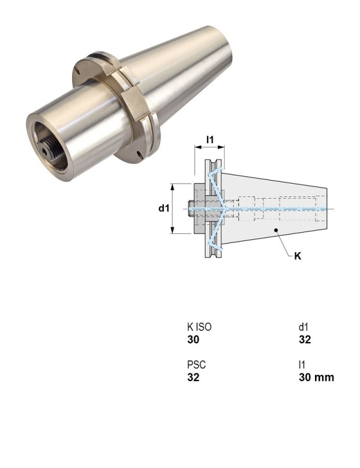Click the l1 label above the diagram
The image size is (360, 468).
209,140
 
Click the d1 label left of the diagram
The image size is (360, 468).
163,208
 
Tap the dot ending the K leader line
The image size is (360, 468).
275,230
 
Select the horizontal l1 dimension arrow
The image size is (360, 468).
209,149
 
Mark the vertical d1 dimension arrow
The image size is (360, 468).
173,208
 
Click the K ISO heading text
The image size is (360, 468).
199,328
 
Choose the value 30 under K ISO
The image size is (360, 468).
193,340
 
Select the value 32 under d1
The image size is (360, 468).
305,340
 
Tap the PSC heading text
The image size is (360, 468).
196,365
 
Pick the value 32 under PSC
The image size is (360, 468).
193,377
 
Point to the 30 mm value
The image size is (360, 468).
316,377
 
